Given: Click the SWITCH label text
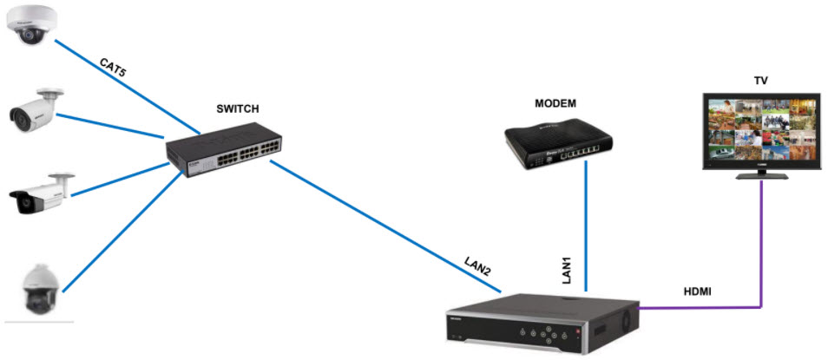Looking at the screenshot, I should [238, 109].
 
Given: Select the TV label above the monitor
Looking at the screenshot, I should [760, 81].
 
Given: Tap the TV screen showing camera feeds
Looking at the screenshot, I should [761, 129].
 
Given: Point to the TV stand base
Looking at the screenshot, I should [762, 176].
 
